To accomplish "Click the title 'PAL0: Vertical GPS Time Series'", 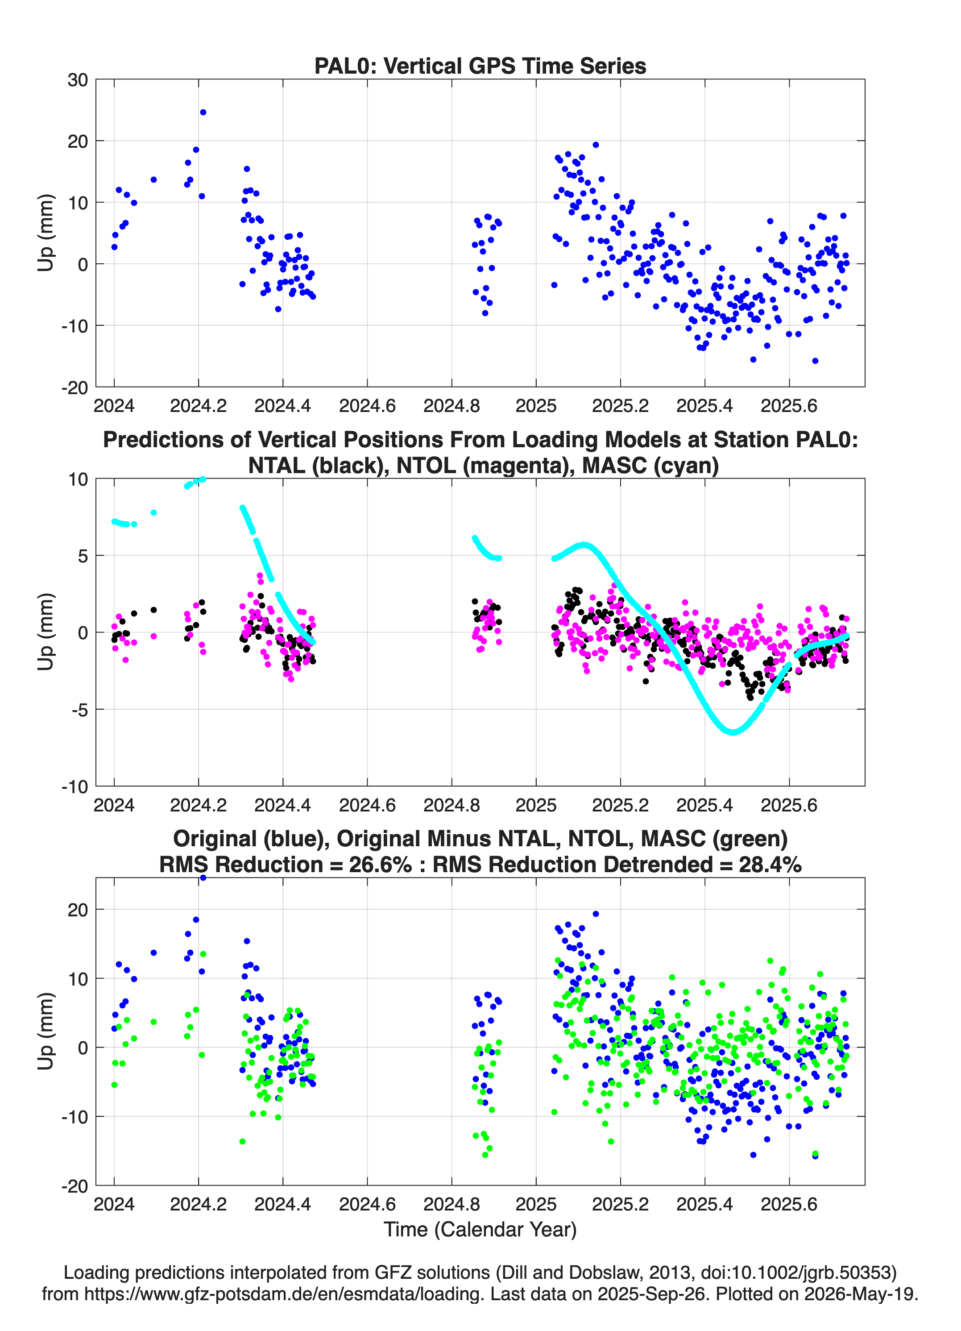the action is click(480, 66).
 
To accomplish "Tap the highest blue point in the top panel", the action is click(203, 112).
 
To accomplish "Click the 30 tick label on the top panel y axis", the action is click(78, 80).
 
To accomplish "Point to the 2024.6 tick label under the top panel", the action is click(367, 406).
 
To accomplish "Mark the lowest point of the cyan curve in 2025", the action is click(733, 732).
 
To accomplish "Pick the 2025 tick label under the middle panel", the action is click(536, 805).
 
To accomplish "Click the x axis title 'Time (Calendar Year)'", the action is click(480, 1230).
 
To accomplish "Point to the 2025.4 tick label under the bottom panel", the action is click(704, 1204).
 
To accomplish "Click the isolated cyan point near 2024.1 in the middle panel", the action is click(154, 512).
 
